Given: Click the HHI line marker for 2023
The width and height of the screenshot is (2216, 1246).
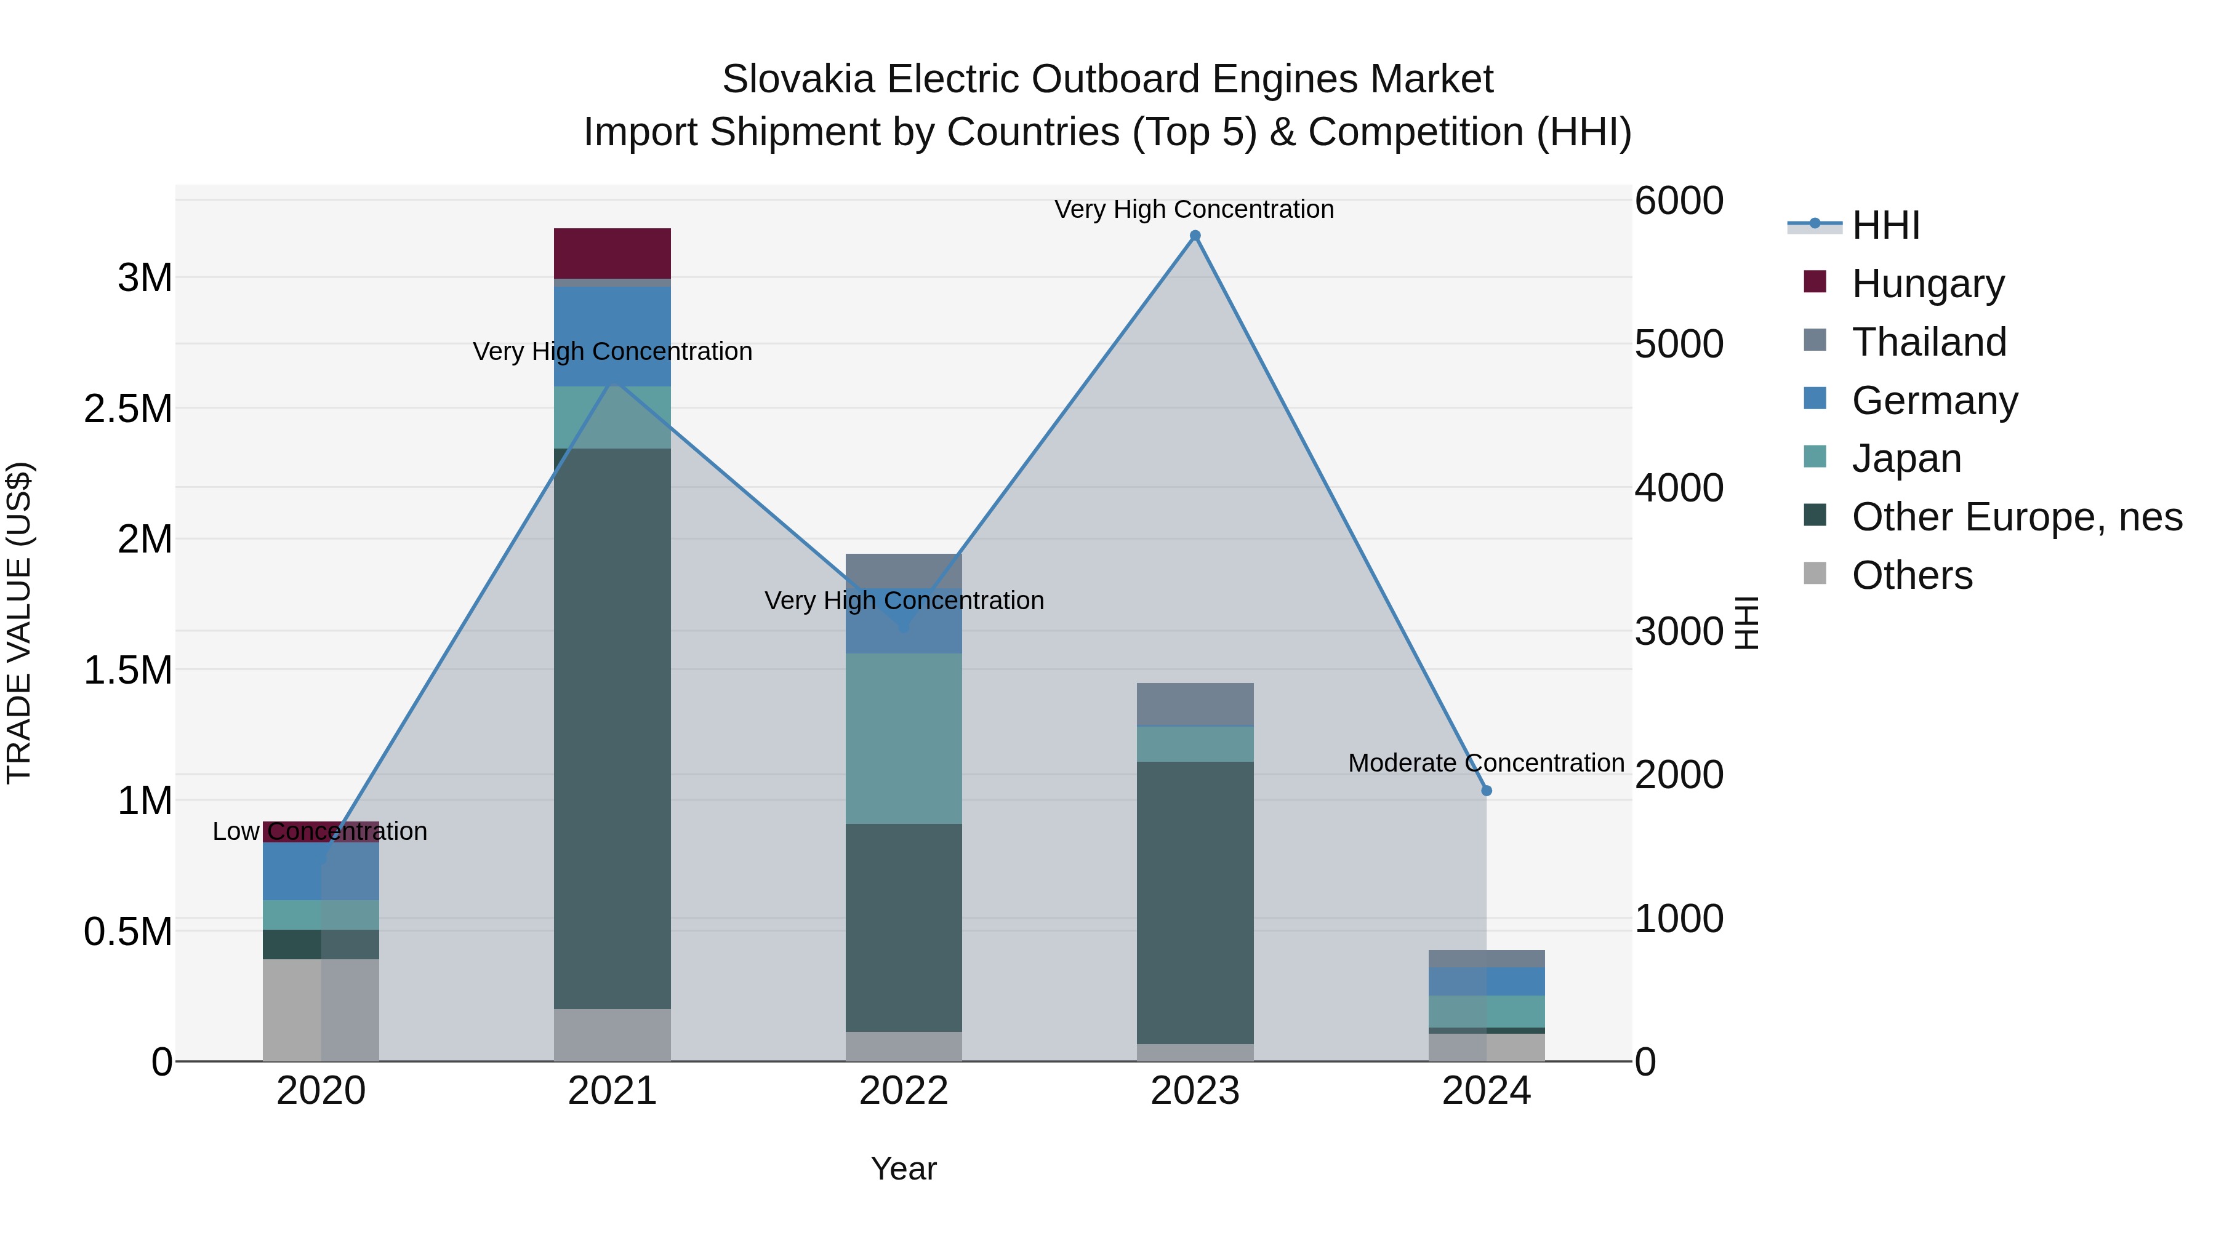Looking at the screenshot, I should [1195, 236].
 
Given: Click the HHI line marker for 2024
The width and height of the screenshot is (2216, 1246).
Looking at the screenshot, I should [1487, 790].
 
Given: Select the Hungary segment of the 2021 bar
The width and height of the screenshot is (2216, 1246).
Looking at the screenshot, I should [612, 253].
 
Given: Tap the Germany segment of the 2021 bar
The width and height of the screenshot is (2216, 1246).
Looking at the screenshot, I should [612, 335].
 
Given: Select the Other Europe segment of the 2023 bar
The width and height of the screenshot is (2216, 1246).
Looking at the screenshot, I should [1195, 903].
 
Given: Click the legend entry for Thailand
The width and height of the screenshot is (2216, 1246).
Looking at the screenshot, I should [1929, 342].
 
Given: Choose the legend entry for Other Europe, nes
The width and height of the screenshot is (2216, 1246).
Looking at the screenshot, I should [2017, 517].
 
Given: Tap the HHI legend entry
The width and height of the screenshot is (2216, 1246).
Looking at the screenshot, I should [1885, 225].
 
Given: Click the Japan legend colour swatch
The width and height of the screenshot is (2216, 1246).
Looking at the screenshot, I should [1814, 457].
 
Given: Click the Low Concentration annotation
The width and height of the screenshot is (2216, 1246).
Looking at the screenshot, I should [320, 831].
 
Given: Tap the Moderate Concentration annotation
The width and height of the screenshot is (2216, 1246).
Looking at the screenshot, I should [1486, 763].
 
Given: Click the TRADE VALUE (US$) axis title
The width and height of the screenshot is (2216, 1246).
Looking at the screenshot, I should [19, 623].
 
